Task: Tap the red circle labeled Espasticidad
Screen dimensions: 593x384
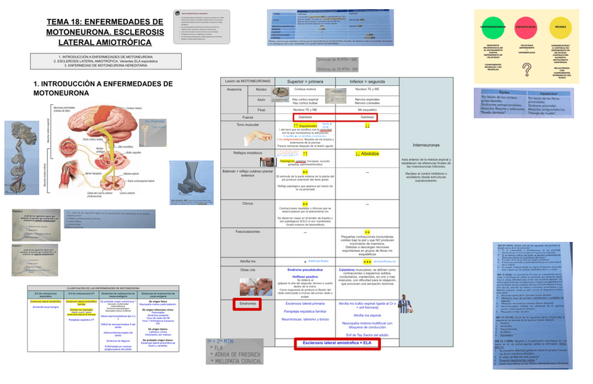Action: [525, 26]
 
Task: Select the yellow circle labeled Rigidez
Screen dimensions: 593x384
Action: [561, 26]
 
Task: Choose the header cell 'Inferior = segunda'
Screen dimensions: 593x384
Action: [367, 81]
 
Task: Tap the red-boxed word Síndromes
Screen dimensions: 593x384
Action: [247, 304]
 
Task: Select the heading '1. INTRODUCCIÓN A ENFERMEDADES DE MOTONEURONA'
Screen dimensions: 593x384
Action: [103, 87]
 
